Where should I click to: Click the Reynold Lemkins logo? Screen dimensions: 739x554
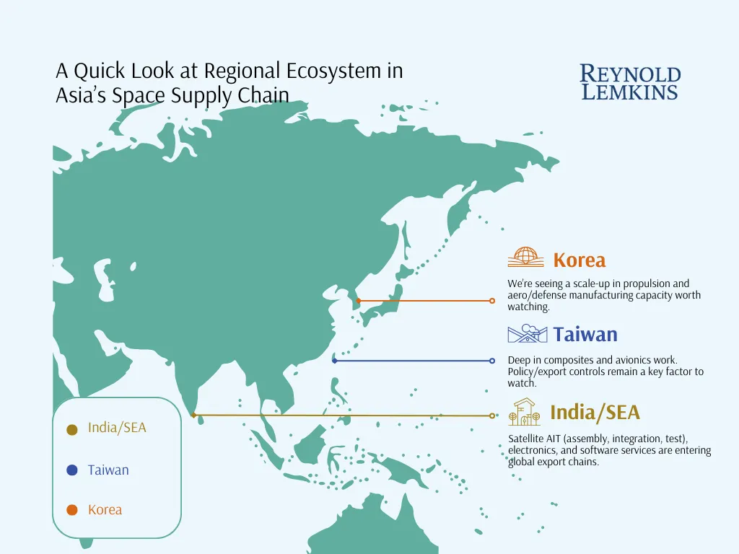[x=630, y=82]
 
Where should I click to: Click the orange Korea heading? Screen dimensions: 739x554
[x=580, y=260]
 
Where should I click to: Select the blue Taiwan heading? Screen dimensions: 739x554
[x=585, y=335]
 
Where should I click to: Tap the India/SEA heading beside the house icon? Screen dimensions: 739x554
[x=595, y=412]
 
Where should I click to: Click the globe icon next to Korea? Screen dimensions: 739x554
[x=525, y=258]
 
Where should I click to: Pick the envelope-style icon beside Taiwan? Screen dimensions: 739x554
[x=528, y=333]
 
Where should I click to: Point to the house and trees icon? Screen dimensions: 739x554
[x=524, y=412]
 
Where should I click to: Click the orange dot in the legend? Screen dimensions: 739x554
[x=72, y=510]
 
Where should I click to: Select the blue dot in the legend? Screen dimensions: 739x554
[x=72, y=470]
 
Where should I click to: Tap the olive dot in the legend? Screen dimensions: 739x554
[x=72, y=429]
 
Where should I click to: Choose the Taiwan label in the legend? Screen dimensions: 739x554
[x=108, y=470]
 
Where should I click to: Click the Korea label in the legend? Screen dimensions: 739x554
[x=105, y=510]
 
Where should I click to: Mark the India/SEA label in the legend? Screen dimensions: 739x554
[x=117, y=428]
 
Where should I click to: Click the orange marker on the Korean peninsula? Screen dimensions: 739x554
[x=359, y=301]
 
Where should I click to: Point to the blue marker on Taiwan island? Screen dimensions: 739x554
[x=335, y=361]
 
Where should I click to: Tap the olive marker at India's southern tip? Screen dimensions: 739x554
[x=193, y=415]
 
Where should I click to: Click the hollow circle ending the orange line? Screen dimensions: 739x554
[x=492, y=301]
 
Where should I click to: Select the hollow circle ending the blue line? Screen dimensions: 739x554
[x=492, y=361]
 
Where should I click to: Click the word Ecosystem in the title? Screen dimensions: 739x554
[x=334, y=71]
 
